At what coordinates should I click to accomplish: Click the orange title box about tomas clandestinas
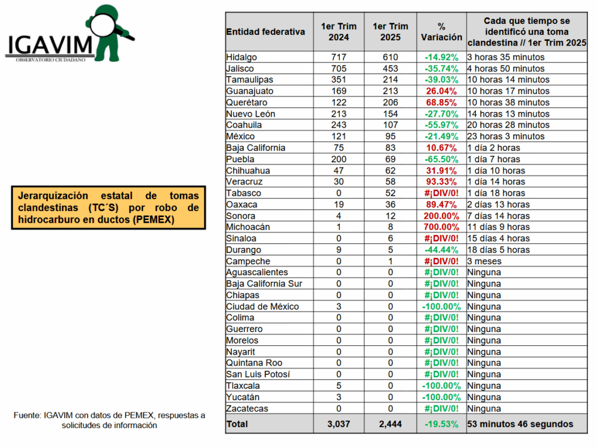pyautogui.click(x=109, y=208)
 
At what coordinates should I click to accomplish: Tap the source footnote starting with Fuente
pyautogui.click(x=109, y=420)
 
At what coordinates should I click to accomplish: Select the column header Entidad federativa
pyautogui.click(x=266, y=32)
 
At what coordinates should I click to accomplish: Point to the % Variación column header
pyautogui.click(x=441, y=32)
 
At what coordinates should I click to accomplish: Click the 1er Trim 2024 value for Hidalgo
pyautogui.click(x=339, y=57)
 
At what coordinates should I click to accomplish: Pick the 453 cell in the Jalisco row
pyautogui.click(x=390, y=69)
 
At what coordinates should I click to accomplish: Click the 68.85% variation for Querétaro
pyautogui.click(x=441, y=103)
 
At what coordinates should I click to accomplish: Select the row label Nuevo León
pyautogui.click(x=251, y=114)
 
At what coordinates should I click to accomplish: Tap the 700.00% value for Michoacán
pyautogui.click(x=441, y=227)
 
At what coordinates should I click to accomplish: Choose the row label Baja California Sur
pyautogui.click(x=264, y=284)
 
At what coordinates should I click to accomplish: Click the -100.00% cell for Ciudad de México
pyautogui.click(x=441, y=307)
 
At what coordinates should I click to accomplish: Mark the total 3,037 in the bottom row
pyautogui.click(x=339, y=424)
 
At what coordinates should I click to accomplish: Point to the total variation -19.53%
pyautogui.click(x=441, y=424)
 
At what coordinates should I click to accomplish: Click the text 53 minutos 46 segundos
pyautogui.click(x=520, y=424)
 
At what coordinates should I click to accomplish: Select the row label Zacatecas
pyautogui.click(x=247, y=409)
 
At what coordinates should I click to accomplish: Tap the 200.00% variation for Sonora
pyautogui.click(x=441, y=216)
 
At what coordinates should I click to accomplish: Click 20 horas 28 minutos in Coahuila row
pyautogui.click(x=509, y=125)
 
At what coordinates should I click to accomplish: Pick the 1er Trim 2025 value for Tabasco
pyautogui.click(x=390, y=193)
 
